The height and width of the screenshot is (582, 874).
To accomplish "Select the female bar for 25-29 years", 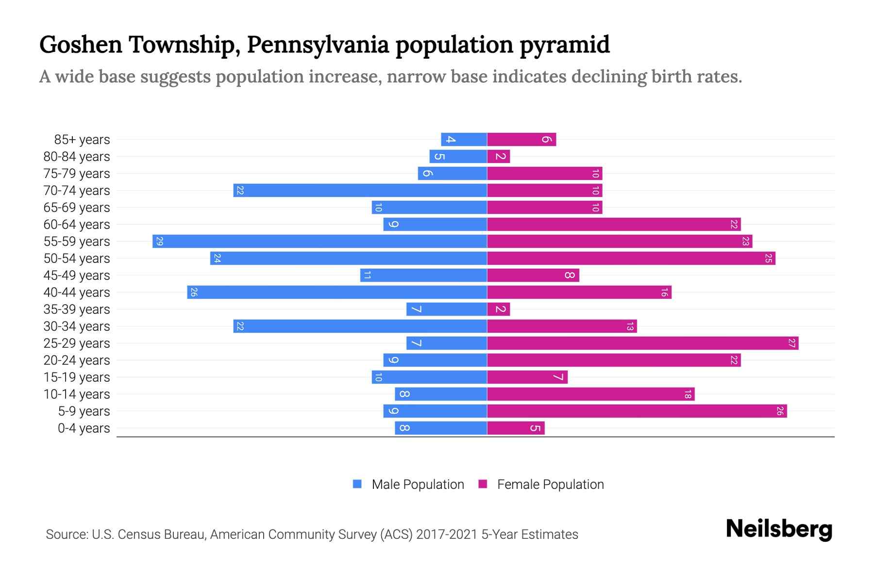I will click(x=642, y=343).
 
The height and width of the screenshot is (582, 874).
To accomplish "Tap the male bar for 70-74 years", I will click(x=360, y=191).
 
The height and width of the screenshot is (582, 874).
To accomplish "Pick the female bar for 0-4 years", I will click(x=516, y=428).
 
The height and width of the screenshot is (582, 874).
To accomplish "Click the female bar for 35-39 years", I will click(x=498, y=309).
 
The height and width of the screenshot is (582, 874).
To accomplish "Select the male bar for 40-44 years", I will click(x=337, y=292).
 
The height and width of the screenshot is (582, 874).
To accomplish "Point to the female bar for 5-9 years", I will click(x=637, y=411).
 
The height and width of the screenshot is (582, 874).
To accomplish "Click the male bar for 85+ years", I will click(x=464, y=140).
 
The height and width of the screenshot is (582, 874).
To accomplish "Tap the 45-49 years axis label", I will click(x=77, y=275).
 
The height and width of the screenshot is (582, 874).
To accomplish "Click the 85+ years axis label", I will click(x=82, y=140).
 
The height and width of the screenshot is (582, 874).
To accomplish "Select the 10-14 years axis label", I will click(x=77, y=394).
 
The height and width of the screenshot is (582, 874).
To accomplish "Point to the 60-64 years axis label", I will click(x=77, y=225).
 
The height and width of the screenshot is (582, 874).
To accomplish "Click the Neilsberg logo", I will click(x=779, y=529).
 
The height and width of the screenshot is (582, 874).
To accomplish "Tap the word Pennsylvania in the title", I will click(x=318, y=45).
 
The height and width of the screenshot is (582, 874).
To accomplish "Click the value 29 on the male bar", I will click(x=159, y=241).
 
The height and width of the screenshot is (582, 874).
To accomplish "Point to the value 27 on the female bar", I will click(x=791, y=343).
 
